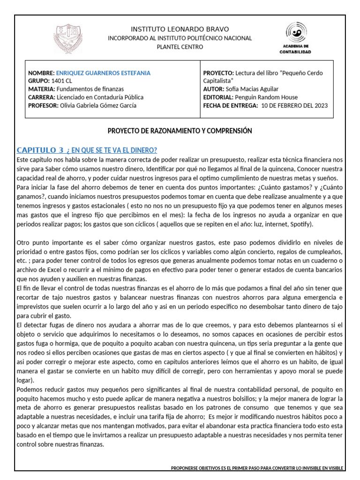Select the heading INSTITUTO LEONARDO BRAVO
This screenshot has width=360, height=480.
pyautogui.click(x=180, y=30)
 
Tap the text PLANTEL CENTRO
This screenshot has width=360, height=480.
pyautogui.click(x=180, y=47)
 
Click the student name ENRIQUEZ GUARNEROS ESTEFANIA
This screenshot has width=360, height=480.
pyautogui.click(x=103, y=73)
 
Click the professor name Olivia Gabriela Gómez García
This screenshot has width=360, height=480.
pyautogui.click(x=98, y=105)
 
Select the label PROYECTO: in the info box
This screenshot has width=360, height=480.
pyautogui.click(x=218, y=73)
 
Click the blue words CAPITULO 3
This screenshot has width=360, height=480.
pyautogui.click(x=40, y=150)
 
